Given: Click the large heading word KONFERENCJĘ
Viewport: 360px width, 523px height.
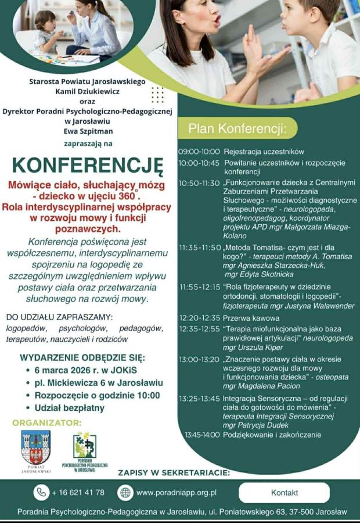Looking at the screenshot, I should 88,164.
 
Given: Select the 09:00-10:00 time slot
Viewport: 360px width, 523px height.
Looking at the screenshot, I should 199,151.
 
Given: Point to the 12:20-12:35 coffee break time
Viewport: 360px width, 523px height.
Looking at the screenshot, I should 199,318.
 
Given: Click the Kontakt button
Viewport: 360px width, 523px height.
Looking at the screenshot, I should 284,492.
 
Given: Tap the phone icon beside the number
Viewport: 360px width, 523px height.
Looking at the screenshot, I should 41,492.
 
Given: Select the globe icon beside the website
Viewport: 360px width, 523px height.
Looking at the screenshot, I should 125,492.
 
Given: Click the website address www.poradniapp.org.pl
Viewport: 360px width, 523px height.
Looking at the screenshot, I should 177,492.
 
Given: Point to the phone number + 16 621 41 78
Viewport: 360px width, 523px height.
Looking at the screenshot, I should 78,492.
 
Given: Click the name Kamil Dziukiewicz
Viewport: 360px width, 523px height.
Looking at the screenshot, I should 87,91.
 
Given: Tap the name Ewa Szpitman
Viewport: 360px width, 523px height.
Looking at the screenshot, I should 87,131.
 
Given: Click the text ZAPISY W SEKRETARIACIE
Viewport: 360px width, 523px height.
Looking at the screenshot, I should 174,472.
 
